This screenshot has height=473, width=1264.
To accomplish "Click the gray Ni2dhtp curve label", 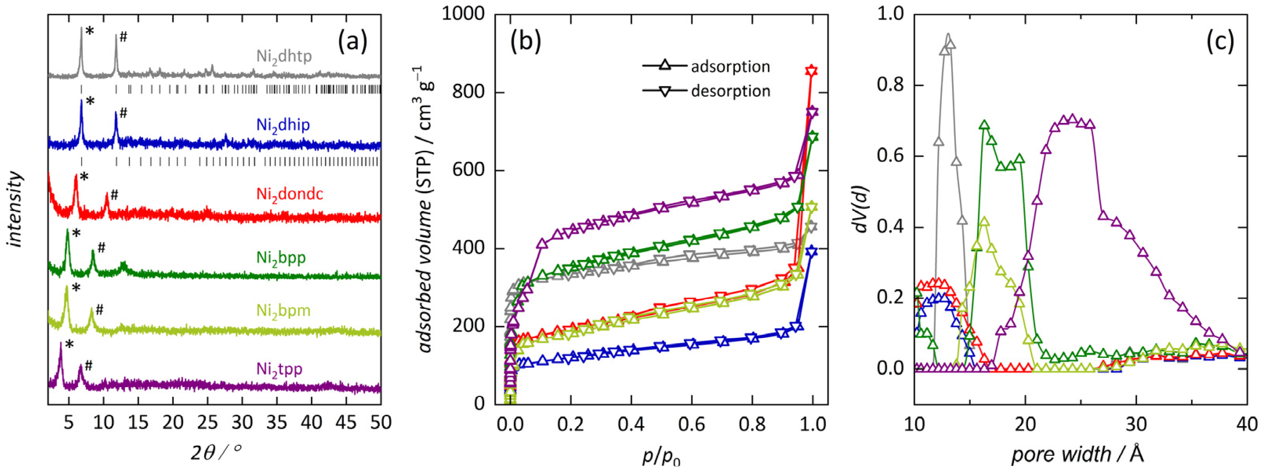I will [284, 57].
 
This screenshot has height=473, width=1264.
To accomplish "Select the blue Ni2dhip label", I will [283, 125].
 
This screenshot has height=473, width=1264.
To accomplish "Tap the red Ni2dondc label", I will [290, 195].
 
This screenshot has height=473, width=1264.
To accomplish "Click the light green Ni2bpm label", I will [283, 311].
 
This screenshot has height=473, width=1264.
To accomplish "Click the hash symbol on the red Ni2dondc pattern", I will [114, 195].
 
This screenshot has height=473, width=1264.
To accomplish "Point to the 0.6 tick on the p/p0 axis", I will [691, 422].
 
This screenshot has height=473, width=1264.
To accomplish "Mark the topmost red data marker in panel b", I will [812, 70].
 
